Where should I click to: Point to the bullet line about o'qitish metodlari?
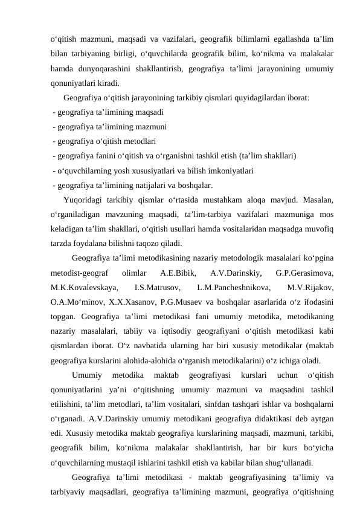(x=104, y=141)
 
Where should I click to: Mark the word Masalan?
(x=318, y=200)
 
